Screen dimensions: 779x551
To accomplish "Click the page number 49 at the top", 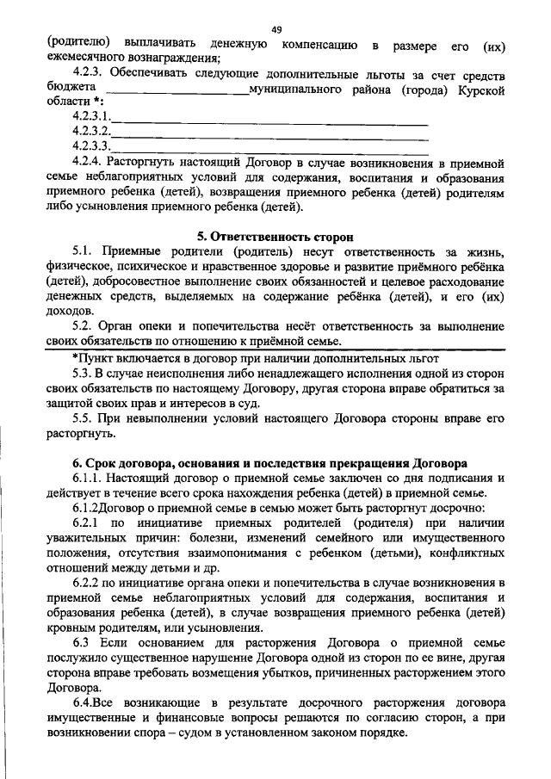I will [276, 29].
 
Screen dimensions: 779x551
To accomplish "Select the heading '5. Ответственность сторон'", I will [275, 237].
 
